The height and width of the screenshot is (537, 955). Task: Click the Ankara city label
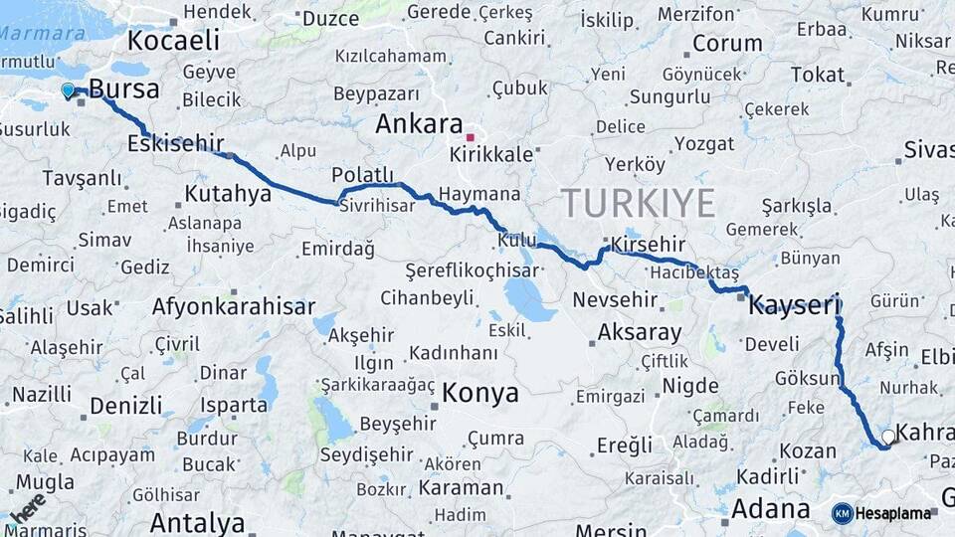point(419,125)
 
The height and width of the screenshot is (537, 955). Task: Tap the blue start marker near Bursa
point(68,90)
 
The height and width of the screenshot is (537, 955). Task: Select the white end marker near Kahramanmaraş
point(888,437)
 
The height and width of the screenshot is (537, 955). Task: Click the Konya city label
point(480,393)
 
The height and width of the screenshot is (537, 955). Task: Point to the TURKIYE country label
point(639,203)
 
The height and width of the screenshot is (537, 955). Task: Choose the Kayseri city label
point(795,304)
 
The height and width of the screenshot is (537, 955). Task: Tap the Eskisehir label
point(175,144)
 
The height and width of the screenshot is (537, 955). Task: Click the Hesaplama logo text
point(892,513)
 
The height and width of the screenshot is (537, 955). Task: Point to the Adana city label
point(770,509)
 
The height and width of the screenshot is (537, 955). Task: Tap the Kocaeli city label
point(173,41)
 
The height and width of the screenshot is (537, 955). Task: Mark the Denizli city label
point(125,406)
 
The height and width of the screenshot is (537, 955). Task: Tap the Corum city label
point(726,44)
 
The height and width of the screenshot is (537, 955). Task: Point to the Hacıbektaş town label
point(693,272)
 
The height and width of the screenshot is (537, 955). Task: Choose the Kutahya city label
point(228,193)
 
